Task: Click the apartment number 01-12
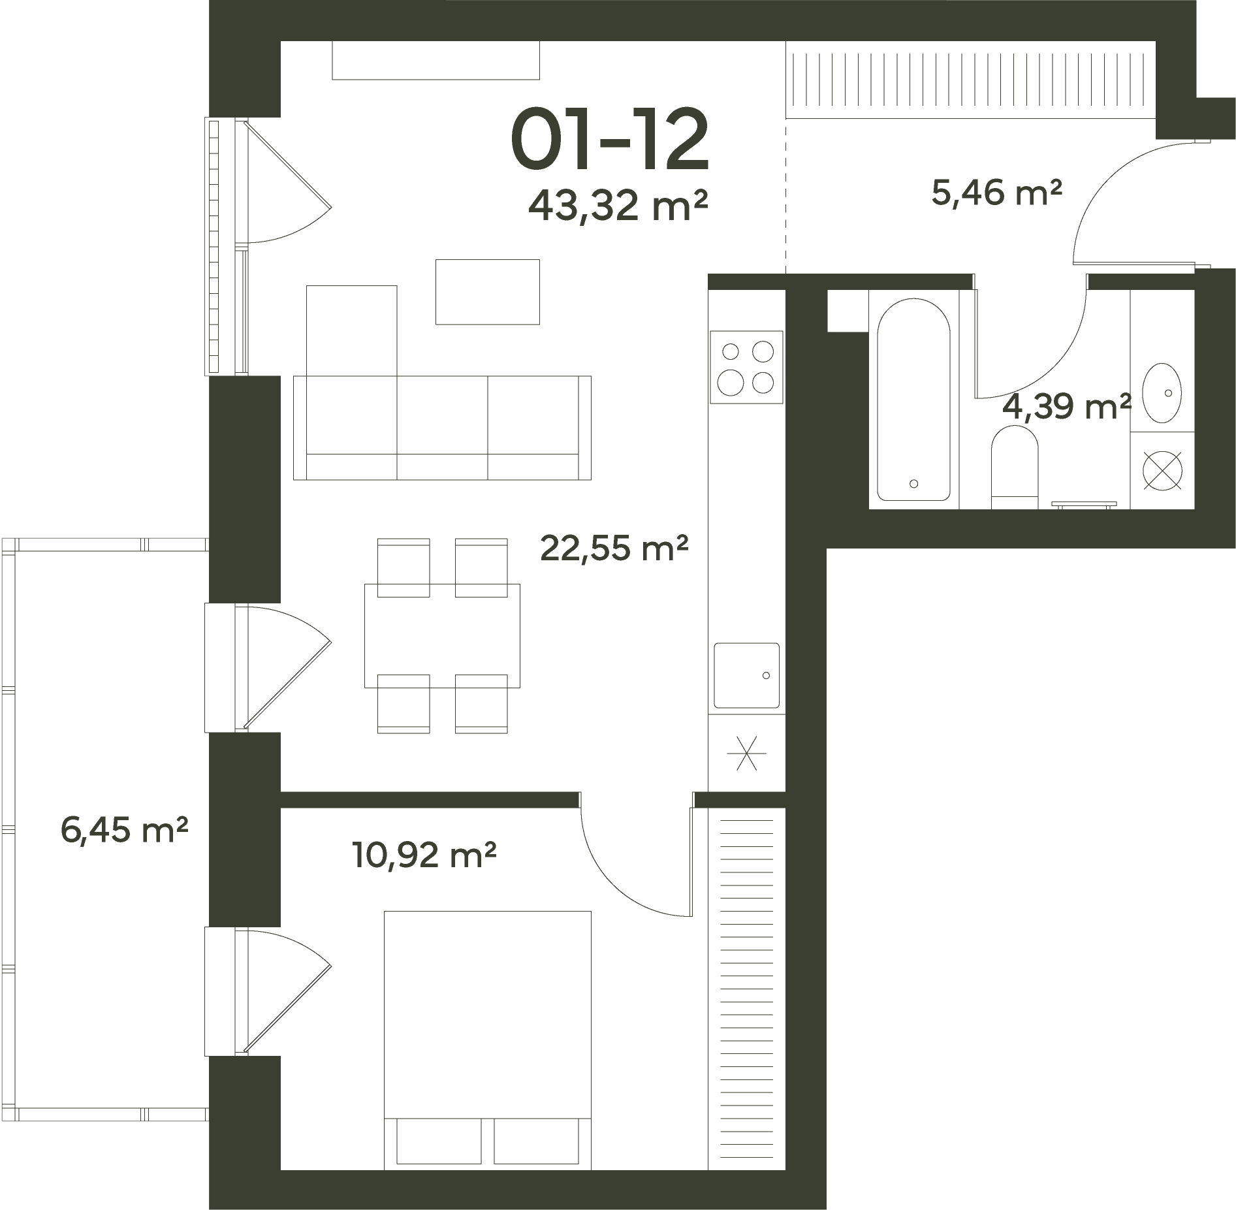609,139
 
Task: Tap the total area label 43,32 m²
618,205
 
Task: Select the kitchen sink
746,675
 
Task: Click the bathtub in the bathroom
913,400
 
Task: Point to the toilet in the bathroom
1015,466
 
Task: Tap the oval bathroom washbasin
1162,393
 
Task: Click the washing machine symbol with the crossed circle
1163,471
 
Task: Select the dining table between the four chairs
442,635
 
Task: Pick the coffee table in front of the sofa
488,291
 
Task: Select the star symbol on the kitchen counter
746,753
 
